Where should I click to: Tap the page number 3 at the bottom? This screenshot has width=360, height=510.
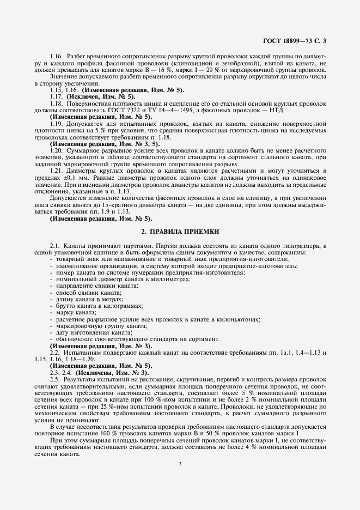point(180,464)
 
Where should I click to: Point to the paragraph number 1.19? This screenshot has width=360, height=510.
point(56,125)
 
